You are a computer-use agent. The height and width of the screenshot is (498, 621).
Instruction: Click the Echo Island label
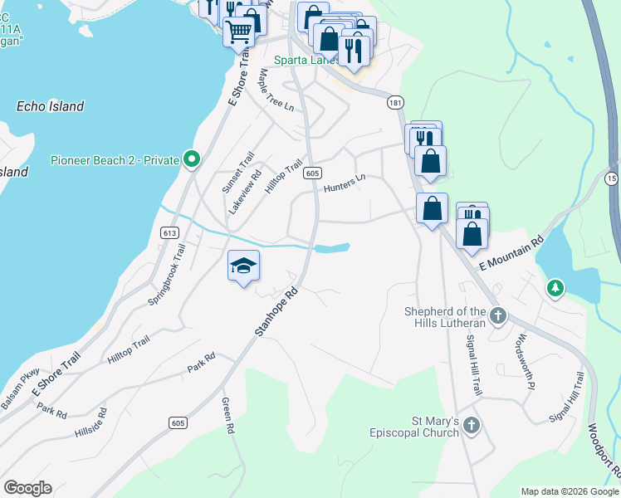(50, 106)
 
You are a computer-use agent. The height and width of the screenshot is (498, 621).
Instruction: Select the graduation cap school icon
(244, 266)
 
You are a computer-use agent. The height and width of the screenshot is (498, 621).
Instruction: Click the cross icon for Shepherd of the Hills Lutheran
(497, 315)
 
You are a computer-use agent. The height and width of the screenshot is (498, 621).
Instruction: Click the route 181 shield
(395, 101)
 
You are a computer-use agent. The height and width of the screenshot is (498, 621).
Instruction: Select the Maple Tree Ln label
(276, 90)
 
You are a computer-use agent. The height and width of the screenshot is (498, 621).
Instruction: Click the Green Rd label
(227, 416)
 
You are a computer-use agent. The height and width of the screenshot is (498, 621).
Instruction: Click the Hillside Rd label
(91, 422)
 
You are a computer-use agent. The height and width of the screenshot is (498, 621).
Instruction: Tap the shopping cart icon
(238, 32)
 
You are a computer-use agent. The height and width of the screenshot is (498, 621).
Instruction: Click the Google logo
(27, 488)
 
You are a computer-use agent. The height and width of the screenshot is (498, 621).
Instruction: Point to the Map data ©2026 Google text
(569, 491)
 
